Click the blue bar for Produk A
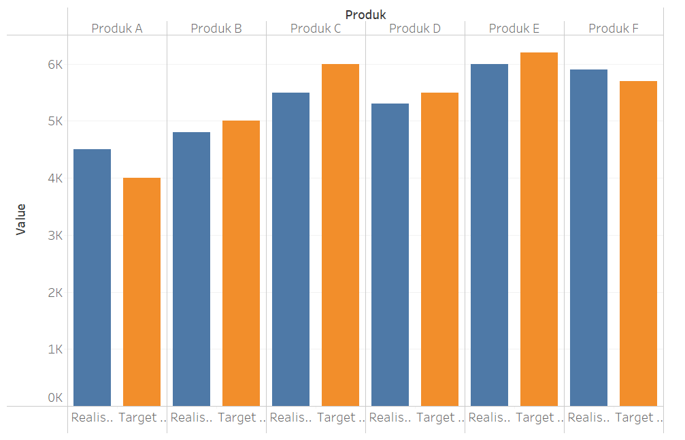click(x=92, y=277)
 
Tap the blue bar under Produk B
click(x=191, y=269)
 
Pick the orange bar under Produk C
click(x=340, y=235)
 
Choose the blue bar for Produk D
click(x=390, y=255)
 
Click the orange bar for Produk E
click(x=539, y=229)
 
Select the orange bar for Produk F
click(x=638, y=243)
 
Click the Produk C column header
click(x=316, y=29)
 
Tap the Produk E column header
click(x=514, y=29)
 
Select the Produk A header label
click(x=117, y=29)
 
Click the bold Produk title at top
click(x=365, y=14)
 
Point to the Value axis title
click(x=20, y=219)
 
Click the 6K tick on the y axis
click(x=54, y=65)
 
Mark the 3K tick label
click(x=54, y=236)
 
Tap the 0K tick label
click(x=54, y=397)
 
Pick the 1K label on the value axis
click(x=54, y=349)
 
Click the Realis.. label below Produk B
click(x=191, y=418)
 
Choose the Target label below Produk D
click(x=439, y=418)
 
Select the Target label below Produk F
click(x=638, y=418)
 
